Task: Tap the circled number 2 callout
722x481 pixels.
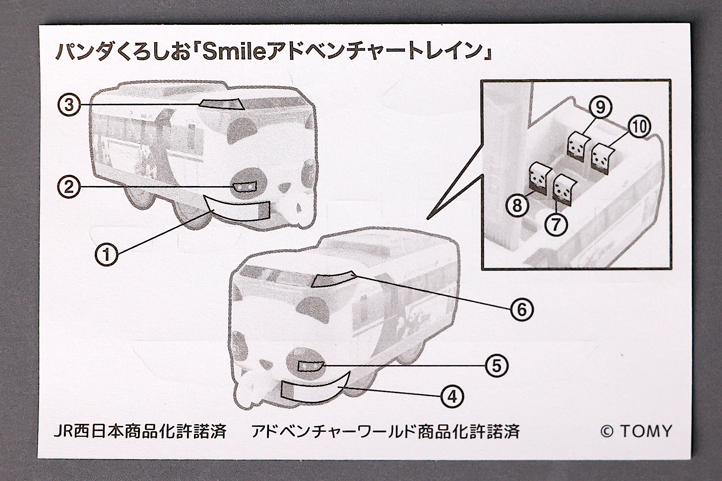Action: [x=69, y=186]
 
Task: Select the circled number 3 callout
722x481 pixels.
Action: [x=69, y=105]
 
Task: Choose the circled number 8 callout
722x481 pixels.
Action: [x=517, y=205]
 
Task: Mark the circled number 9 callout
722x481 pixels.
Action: [x=601, y=107]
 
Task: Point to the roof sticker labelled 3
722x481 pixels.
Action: [x=222, y=104]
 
